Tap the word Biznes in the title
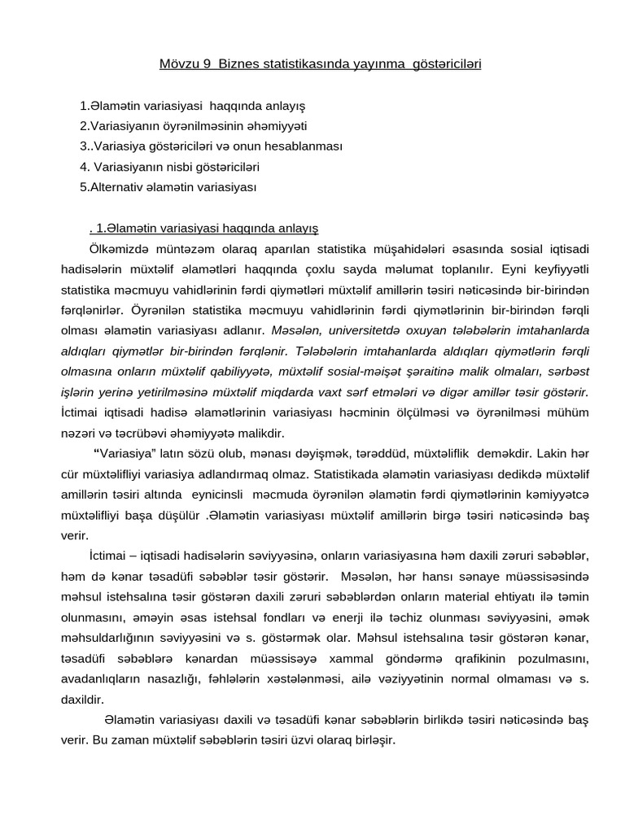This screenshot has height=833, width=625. point(229,63)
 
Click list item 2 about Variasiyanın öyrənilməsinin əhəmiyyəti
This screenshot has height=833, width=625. point(194,126)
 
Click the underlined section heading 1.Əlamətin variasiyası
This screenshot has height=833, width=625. point(208,228)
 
